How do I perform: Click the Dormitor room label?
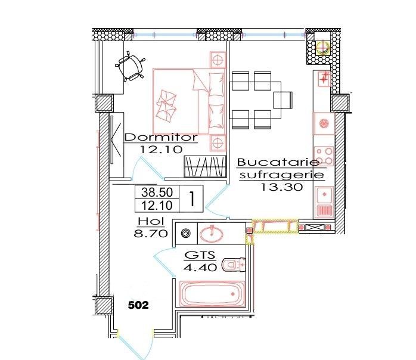coord(160,137)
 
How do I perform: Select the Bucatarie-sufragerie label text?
coord(281,169)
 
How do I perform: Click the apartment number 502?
coord(138,305)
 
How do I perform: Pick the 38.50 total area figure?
coord(151,193)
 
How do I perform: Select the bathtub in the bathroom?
coord(213,294)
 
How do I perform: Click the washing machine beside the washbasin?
coord(185,234)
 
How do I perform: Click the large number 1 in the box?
coord(192,198)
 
